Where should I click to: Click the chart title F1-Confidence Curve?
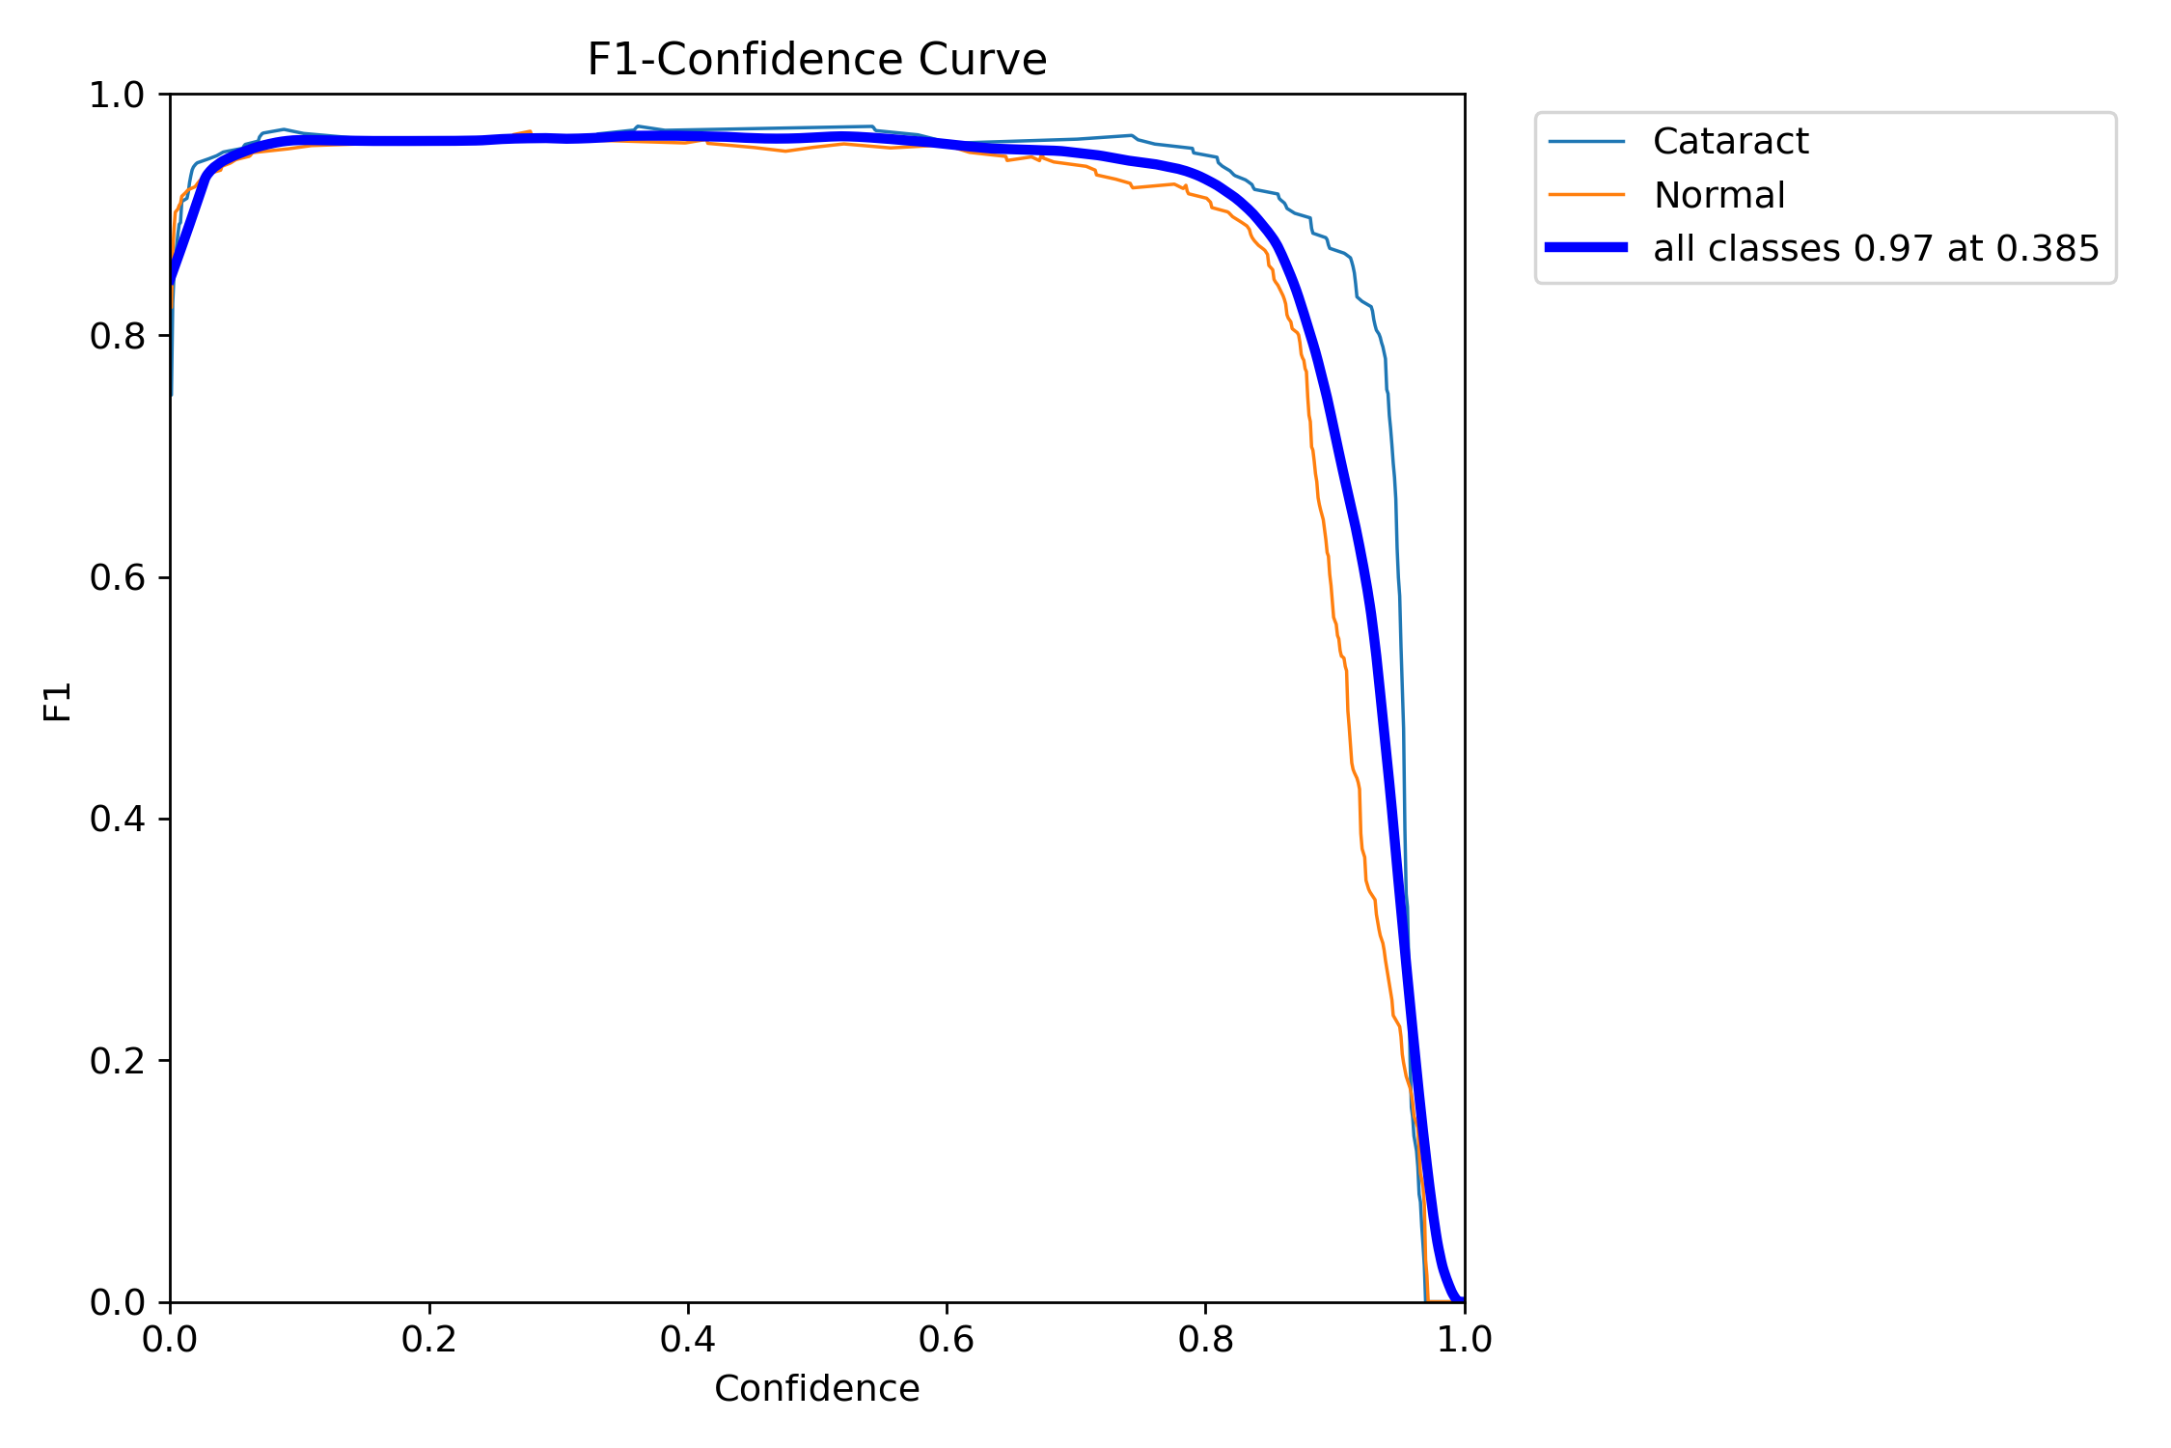click(x=816, y=60)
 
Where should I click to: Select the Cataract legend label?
click(x=1730, y=142)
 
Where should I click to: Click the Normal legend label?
click(x=1718, y=195)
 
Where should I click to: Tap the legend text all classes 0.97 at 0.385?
click(x=1876, y=249)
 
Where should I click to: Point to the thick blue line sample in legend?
click(x=1586, y=248)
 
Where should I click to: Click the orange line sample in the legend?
click(x=1586, y=195)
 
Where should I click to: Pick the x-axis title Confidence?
click(x=816, y=1389)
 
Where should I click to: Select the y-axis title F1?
click(x=58, y=702)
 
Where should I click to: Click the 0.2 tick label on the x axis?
click(x=429, y=1340)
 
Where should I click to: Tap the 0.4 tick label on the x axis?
click(x=688, y=1340)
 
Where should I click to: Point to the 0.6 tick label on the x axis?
click(x=947, y=1340)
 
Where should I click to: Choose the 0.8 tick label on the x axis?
click(x=1205, y=1340)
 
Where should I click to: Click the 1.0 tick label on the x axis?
click(x=1465, y=1340)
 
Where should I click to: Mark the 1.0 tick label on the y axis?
click(x=117, y=96)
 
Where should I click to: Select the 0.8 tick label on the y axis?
click(x=117, y=337)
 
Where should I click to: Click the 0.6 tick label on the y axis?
click(x=117, y=578)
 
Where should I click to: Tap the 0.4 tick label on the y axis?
click(x=117, y=820)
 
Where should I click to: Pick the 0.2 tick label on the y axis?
click(x=117, y=1061)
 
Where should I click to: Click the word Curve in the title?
click(x=982, y=60)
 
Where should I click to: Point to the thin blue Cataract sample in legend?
click(x=1586, y=142)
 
